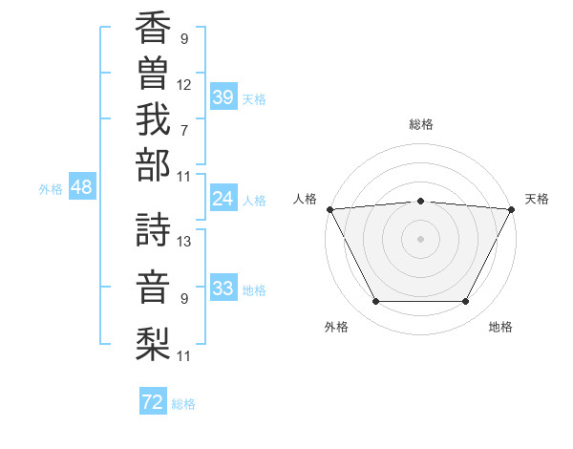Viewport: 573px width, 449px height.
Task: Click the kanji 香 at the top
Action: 153,29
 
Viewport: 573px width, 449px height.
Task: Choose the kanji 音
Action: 153,286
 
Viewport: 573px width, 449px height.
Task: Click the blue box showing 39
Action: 223,97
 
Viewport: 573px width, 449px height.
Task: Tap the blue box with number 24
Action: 223,199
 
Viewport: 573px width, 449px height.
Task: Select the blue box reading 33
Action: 223,289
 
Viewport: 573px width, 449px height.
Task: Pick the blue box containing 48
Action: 82,188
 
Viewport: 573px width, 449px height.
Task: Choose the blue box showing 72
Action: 153,402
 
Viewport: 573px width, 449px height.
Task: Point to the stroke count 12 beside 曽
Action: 184,85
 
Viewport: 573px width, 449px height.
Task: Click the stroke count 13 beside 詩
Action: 185,241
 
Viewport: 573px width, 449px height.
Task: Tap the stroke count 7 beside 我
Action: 184,130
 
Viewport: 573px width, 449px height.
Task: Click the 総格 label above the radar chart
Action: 421,124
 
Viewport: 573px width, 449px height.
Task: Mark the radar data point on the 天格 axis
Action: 513,209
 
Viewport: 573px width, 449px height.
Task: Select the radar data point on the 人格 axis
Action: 329,209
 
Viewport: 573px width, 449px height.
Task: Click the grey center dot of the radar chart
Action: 421,238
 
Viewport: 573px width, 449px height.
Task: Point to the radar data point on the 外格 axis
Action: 375,302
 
